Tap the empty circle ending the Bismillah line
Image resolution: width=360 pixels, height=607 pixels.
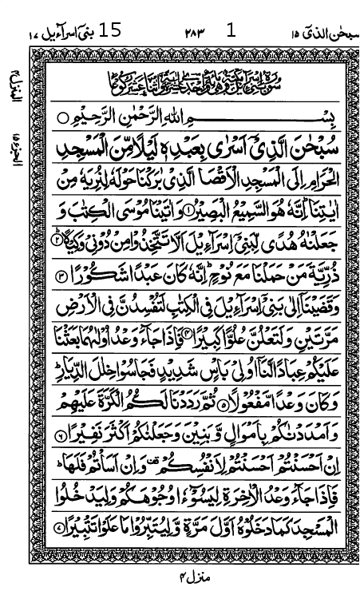[64, 118]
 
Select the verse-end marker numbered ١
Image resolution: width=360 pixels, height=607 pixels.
[188, 210]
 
